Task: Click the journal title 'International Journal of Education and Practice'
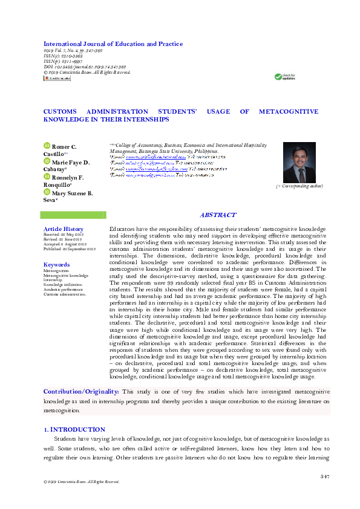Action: [113, 44]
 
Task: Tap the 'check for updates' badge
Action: [285, 77]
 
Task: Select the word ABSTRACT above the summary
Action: [218, 215]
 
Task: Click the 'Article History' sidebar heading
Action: [63, 229]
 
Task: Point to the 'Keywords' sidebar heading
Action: [56, 265]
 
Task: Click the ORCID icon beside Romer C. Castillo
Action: [47, 146]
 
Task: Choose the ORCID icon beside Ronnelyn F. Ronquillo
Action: [47, 177]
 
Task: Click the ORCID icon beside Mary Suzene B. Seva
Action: [47, 192]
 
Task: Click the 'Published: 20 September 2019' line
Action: [70, 249]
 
